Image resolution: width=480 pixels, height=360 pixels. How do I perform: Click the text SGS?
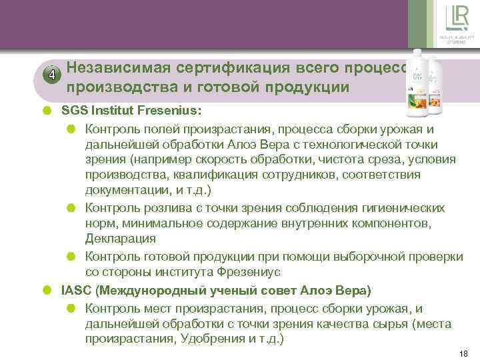point(74,109)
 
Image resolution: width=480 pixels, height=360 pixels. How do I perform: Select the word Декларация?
point(121,238)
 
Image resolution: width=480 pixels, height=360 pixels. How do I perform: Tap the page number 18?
point(465,353)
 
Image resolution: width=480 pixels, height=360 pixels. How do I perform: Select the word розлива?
point(157,208)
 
